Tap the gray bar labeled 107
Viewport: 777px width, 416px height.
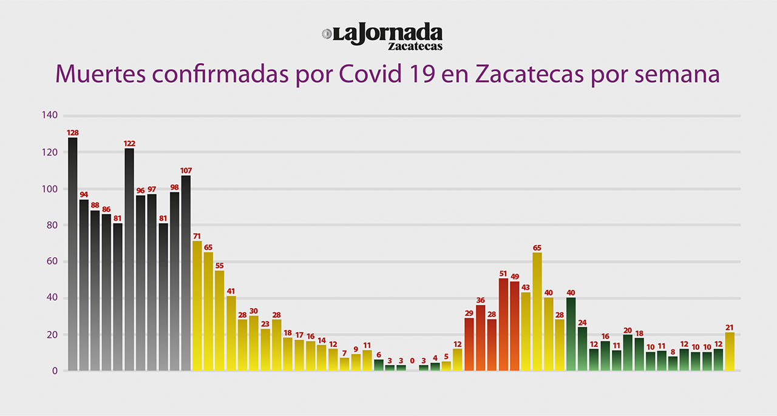pos(186,273)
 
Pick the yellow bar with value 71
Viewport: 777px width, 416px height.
pos(197,306)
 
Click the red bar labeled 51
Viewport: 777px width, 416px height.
pos(503,324)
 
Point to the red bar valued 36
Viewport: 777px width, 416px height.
pos(481,337)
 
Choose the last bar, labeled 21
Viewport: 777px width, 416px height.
pos(730,351)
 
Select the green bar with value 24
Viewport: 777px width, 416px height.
pos(582,349)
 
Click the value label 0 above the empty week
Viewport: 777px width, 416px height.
pos(412,361)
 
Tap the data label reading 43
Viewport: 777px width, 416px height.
pos(526,287)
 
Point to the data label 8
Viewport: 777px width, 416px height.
pos(673,351)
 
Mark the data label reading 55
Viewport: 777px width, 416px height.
pos(220,266)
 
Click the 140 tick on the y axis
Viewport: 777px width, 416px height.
pos(50,115)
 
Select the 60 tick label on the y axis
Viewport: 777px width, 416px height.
pos(52,261)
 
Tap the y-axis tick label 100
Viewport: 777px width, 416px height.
pos(50,189)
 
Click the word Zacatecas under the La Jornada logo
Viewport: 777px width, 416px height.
pos(415,46)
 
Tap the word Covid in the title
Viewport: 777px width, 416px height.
pos(368,74)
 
